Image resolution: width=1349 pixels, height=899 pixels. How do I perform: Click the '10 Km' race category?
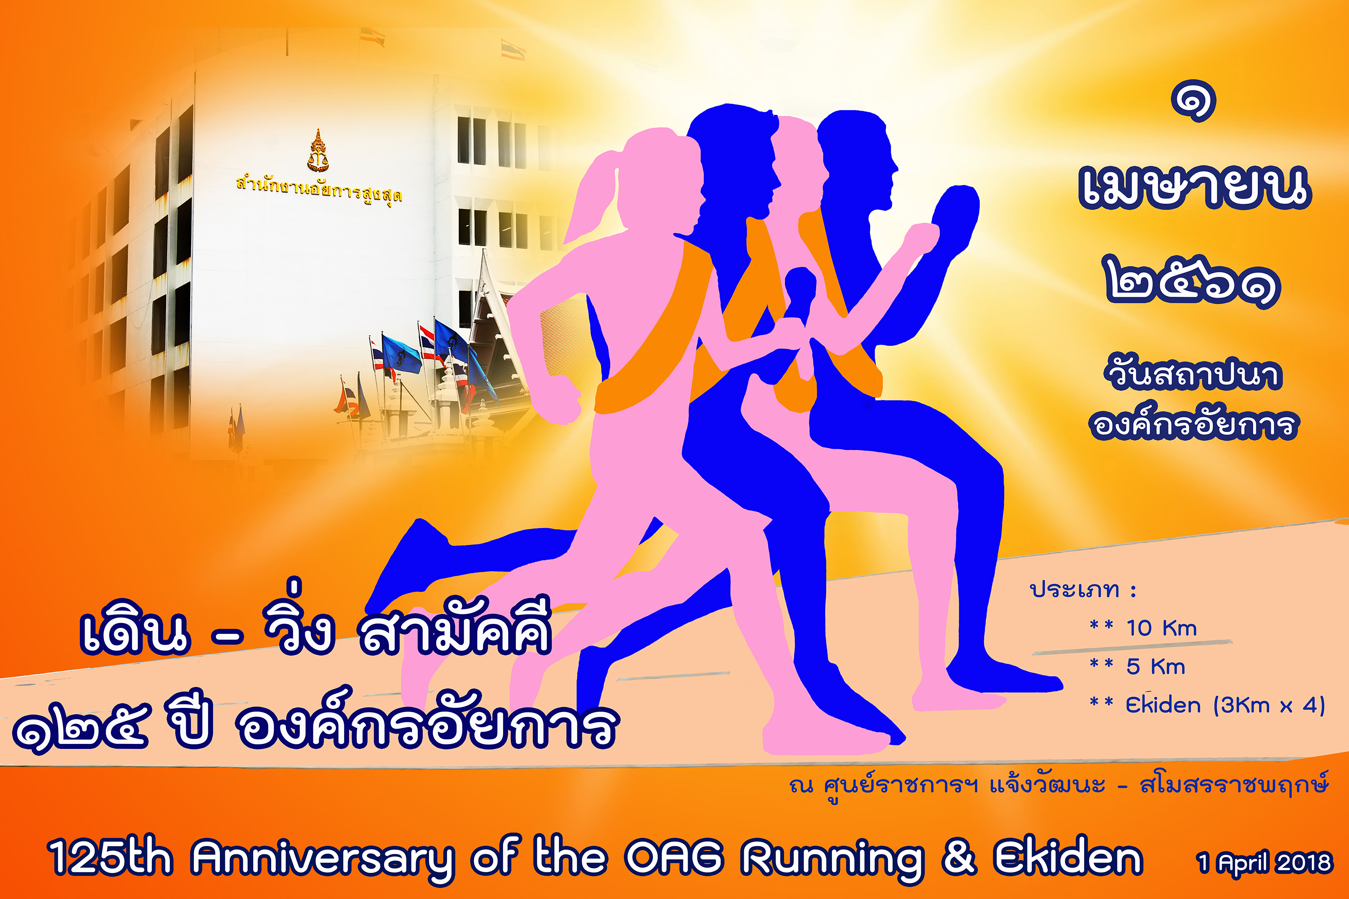tap(1161, 628)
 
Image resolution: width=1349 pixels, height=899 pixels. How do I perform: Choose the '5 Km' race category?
tap(1155, 667)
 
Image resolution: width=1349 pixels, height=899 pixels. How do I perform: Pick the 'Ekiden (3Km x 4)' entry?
tap(1225, 705)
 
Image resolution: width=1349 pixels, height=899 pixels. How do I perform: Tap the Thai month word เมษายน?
tap(1195, 185)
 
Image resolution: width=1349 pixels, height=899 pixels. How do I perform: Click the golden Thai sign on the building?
tap(319, 189)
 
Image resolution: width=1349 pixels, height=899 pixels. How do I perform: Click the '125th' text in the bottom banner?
tap(110, 857)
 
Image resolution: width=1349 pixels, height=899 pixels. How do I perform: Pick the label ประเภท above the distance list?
tap(1074, 589)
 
